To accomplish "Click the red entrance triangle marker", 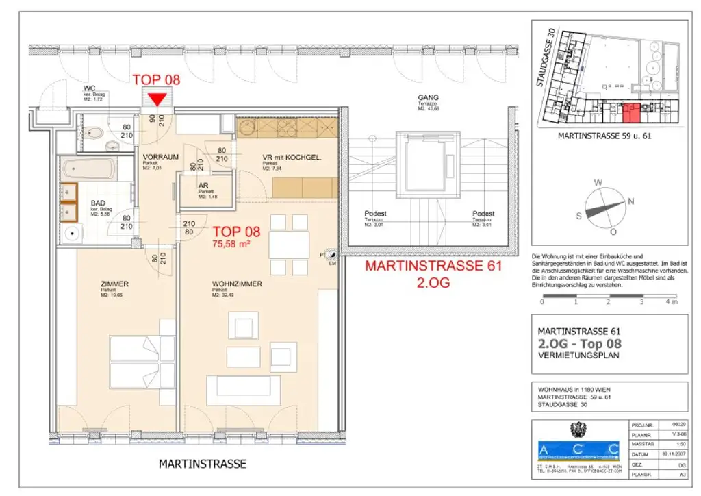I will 157,100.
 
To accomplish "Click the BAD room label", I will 99,203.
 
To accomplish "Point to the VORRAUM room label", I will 161,157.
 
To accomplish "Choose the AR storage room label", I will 203,184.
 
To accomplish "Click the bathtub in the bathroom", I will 88,169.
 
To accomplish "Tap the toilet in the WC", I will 95,133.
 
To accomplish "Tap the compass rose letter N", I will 631,201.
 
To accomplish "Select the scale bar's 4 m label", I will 673,301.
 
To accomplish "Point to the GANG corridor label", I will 428,98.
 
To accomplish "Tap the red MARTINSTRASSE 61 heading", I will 433,266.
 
